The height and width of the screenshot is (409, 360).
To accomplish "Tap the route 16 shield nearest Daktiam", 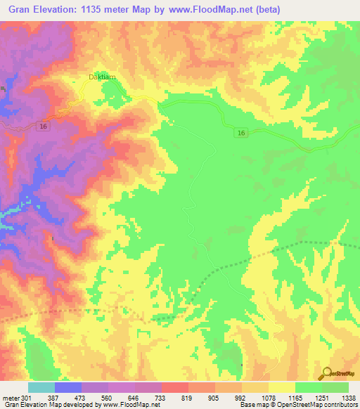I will click(44, 126).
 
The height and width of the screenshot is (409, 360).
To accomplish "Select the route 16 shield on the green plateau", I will click(241, 133).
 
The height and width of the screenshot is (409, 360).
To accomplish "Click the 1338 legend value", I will click(349, 397).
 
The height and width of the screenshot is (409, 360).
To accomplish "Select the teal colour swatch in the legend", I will click(41, 387).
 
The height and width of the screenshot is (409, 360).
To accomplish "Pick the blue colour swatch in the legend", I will click(68, 387).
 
